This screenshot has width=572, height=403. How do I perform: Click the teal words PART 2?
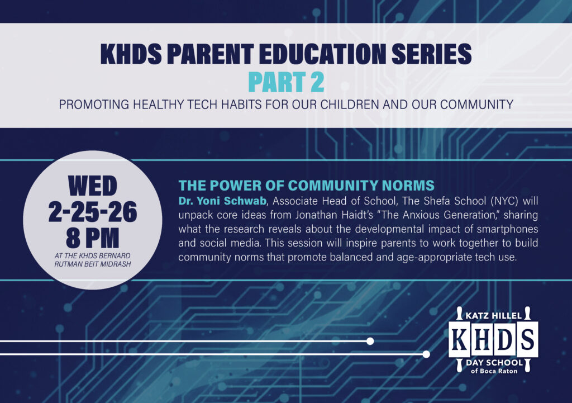pyautogui.click(x=286, y=82)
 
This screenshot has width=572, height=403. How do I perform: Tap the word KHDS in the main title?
pyautogui.click(x=131, y=54)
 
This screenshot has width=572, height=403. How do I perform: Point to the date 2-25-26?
pyautogui.click(x=93, y=212)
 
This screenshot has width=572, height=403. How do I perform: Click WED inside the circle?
pyautogui.click(x=93, y=186)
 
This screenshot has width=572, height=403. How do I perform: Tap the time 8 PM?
pyautogui.click(x=93, y=238)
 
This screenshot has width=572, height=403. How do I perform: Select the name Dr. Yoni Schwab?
pyautogui.click(x=222, y=201)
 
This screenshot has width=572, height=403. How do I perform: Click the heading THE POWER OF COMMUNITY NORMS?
pyautogui.click(x=307, y=186)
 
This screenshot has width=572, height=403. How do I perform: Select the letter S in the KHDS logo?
pyautogui.click(x=527, y=339)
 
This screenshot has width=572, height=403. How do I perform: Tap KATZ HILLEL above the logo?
pyautogui.click(x=494, y=315)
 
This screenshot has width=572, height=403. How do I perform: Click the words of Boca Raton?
pyautogui.click(x=494, y=371)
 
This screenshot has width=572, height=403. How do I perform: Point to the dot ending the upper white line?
pyautogui.click(x=370, y=342)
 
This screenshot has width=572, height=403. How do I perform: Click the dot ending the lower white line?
pyautogui.click(x=426, y=354)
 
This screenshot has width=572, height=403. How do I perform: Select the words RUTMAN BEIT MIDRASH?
pyautogui.click(x=93, y=264)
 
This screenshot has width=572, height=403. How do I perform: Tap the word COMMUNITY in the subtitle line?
pyautogui.click(x=477, y=105)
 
